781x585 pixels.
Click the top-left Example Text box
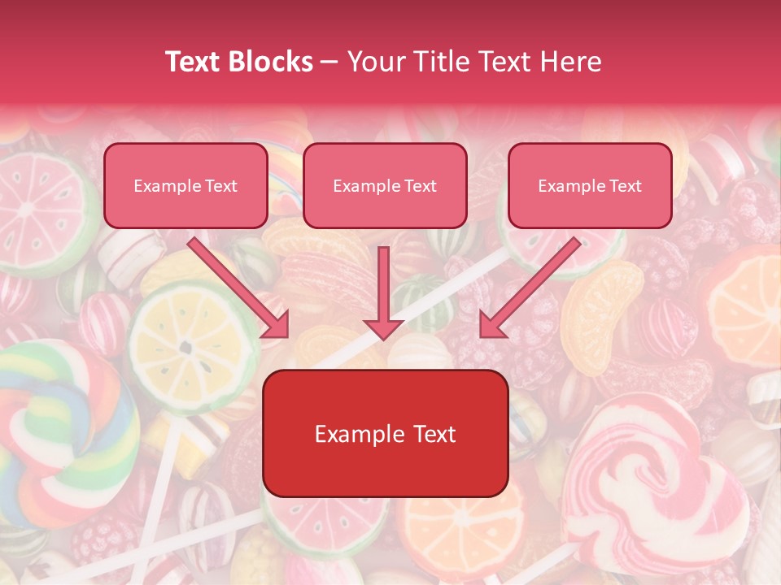[185, 185]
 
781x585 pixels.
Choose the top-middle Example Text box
[385, 185]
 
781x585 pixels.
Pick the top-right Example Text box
[590, 185]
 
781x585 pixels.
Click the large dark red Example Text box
[385, 433]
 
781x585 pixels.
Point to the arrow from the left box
[241, 288]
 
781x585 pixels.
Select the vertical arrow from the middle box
[383, 292]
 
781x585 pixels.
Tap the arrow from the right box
[529, 288]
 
